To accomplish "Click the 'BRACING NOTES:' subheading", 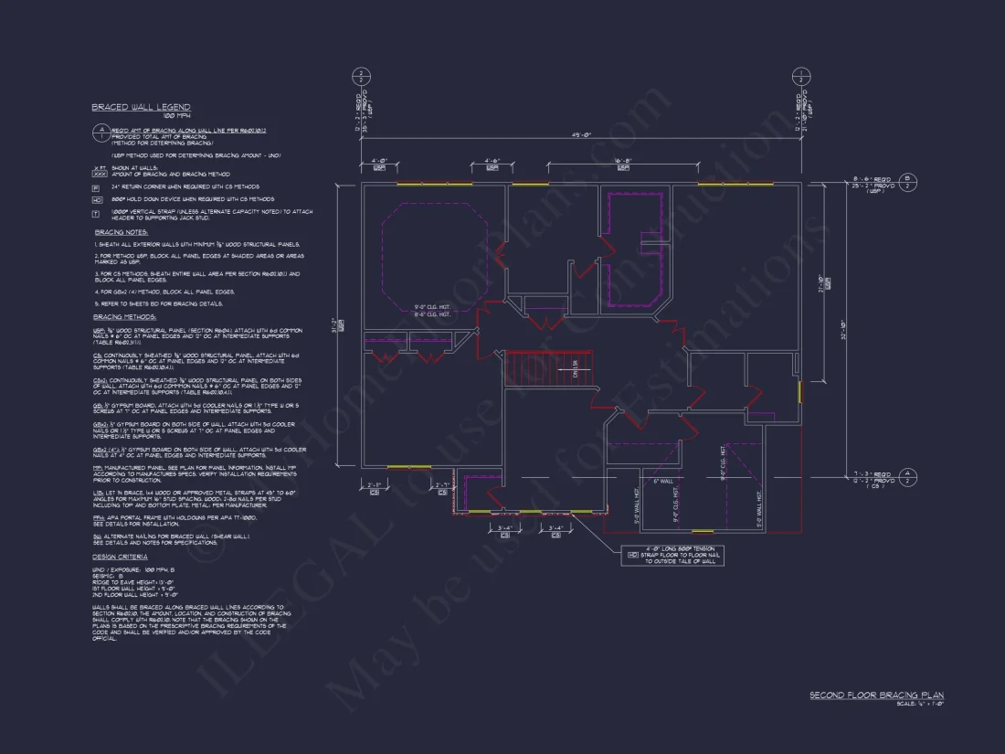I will coord(121,232).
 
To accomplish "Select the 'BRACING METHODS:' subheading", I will coord(124,316).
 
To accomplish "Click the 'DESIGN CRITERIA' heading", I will coord(120,557).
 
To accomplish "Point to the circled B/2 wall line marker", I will coord(908,181).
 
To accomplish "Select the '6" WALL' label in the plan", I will coord(662,481).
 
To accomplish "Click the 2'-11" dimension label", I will coord(443,484).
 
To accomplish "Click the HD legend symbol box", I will coord(96,198).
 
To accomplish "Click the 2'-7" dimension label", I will coord(374,484).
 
